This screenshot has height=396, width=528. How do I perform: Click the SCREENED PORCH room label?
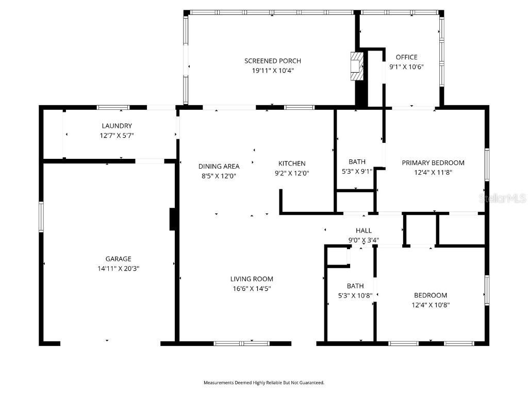click(x=272, y=61)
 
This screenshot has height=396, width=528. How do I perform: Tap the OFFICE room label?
click(x=406, y=57)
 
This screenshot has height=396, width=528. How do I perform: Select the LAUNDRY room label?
click(x=117, y=126)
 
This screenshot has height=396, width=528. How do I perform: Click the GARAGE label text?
click(x=118, y=259)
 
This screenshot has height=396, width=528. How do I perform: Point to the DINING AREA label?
click(x=219, y=166)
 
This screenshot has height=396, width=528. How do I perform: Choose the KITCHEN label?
click(x=292, y=163)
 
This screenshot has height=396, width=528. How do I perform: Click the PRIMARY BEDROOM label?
click(x=433, y=163)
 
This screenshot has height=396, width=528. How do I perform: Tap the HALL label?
click(x=364, y=230)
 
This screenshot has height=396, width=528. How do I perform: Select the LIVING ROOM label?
click(x=252, y=279)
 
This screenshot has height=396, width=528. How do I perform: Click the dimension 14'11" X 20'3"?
click(x=118, y=268)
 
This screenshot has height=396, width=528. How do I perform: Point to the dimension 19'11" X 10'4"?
click(x=272, y=71)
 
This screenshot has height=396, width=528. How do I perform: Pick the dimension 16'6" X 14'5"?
click(x=252, y=289)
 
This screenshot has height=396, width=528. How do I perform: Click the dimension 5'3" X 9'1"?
click(x=356, y=171)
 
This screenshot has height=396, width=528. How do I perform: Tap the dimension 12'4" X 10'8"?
click(x=431, y=305)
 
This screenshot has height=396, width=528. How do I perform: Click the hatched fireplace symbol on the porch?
click(x=356, y=66)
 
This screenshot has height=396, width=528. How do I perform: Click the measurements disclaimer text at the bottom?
click(x=263, y=383)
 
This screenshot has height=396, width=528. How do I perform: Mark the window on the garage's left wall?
click(x=41, y=217)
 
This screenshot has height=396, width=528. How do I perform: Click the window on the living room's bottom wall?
click(x=241, y=343)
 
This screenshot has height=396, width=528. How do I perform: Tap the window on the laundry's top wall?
click(x=113, y=108)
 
